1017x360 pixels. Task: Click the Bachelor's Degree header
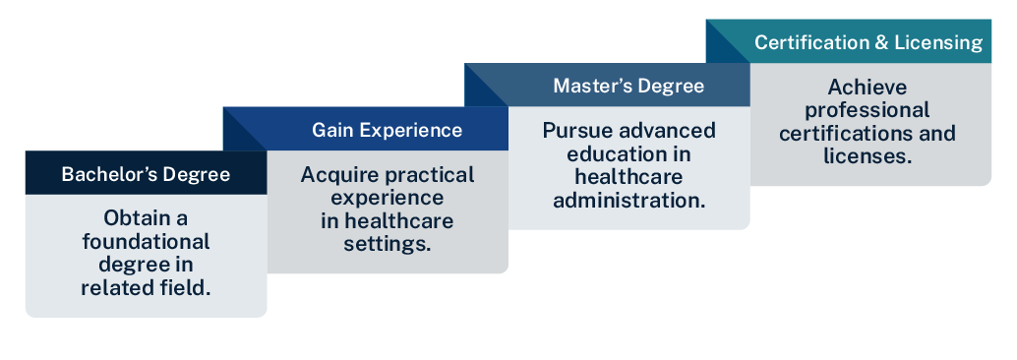pos(146,174)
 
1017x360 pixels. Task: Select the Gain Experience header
pos(387,130)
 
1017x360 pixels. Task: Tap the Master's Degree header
pos(628,86)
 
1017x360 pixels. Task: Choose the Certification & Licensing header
pos(868,42)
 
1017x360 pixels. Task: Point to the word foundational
pos(146,241)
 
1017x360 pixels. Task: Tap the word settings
pos(387,243)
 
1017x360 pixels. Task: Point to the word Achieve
pos(867,87)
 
